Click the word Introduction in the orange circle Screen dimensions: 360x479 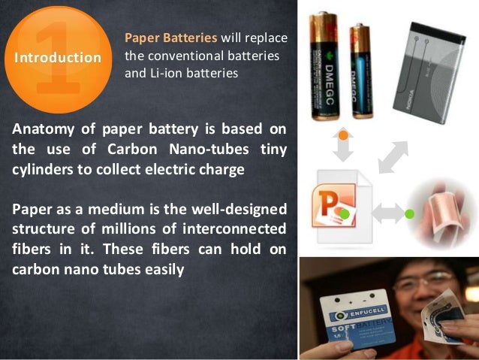58,58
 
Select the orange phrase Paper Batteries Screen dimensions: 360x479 170,38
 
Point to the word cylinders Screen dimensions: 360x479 44,169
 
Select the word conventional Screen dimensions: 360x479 176,56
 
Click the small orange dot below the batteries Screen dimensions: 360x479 342,135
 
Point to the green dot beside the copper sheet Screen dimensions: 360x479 409,214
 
